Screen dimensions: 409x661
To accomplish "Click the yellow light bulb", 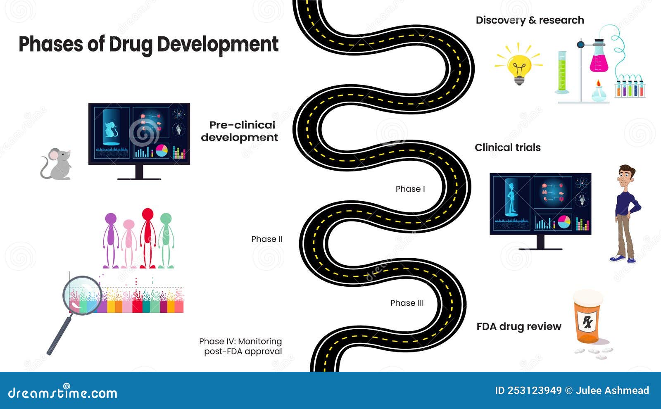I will click(519, 66).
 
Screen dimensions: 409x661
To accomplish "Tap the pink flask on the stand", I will click(599, 60).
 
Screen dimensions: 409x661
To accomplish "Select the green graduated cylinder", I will click(562, 72).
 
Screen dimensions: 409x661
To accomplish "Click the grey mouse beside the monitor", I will click(57, 164).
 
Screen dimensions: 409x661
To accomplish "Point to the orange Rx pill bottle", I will click(587, 318).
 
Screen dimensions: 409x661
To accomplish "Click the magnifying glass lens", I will click(82, 295).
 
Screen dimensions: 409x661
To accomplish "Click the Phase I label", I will click(410, 189).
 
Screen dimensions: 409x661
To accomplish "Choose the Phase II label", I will click(267, 239).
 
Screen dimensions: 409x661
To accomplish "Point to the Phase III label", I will click(407, 303).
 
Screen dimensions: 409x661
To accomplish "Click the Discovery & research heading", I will click(530, 20).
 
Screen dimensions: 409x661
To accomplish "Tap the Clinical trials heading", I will click(507, 147).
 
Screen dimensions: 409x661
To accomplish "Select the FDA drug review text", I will click(518, 326).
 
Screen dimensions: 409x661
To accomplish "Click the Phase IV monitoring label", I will click(241, 346).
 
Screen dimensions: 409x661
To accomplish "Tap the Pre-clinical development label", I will click(240, 131).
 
